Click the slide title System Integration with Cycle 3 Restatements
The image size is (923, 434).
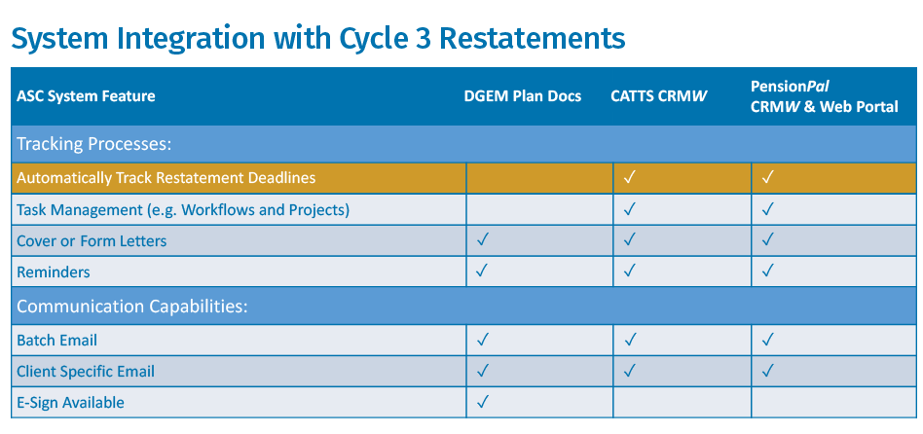coord(317,38)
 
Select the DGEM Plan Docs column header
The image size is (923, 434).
coord(522,96)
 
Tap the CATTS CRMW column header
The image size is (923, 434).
coord(659,96)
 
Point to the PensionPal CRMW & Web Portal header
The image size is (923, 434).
coord(824,96)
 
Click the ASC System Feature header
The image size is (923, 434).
coord(86,96)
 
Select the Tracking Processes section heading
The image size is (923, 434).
coord(93,144)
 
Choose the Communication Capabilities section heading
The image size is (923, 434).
coord(131,307)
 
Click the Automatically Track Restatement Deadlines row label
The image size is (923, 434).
coord(166,178)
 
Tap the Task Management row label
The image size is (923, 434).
coord(183,210)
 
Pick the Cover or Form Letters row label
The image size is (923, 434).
coord(92,241)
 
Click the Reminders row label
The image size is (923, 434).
coord(53,272)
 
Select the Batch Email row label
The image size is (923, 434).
coord(56,341)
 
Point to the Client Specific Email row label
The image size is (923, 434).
coord(86,372)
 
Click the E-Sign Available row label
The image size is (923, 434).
coord(70,403)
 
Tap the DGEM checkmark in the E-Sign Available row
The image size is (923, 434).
coord(483,402)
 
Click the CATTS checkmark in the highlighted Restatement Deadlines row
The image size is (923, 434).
coord(630,178)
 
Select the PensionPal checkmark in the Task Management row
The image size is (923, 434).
coord(767,209)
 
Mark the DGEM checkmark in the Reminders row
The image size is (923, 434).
coord(483,271)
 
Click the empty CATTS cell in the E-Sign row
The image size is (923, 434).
coord(682,402)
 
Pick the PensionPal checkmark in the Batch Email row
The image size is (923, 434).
coord(767,340)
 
